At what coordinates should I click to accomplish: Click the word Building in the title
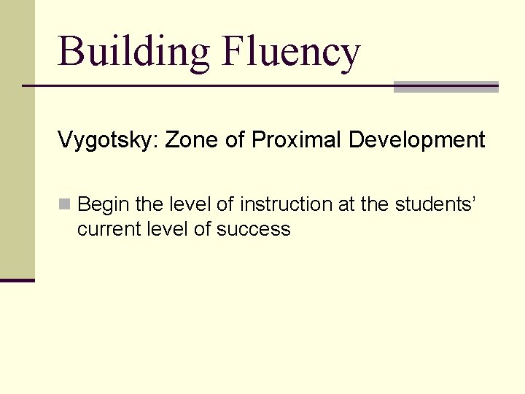pyautogui.click(x=133, y=52)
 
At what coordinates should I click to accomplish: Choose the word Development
pyautogui.click(x=416, y=139)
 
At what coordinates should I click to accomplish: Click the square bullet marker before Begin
pyautogui.click(x=64, y=205)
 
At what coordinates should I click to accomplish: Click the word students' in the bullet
pyautogui.click(x=436, y=205)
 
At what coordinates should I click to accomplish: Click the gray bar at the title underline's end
pyautogui.click(x=446, y=87)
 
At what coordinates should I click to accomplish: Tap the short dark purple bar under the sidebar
pyautogui.click(x=17, y=280)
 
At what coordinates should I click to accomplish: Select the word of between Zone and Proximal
pyautogui.click(x=235, y=139)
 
